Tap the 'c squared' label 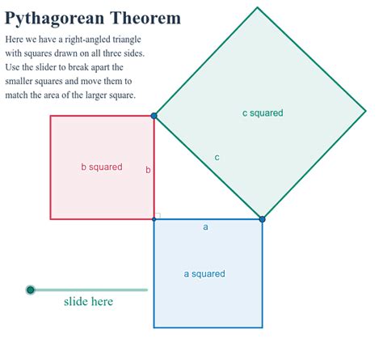click(x=263, y=113)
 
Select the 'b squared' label click(x=102, y=167)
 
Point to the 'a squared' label click(x=204, y=273)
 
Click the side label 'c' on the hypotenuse click(x=217, y=157)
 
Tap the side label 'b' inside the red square click(x=148, y=170)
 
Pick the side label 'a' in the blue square click(x=205, y=227)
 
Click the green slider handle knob click(x=31, y=290)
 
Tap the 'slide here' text click(x=88, y=302)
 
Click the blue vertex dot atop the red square click(x=154, y=116)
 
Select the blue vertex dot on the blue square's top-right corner click(x=263, y=218)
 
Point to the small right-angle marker click(x=158, y=215)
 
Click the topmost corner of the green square click(x=258, y=7)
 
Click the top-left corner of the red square click(x=50, y=116)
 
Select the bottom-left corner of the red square click(x=50, y=219)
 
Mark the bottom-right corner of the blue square click(x=263, y=328)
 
